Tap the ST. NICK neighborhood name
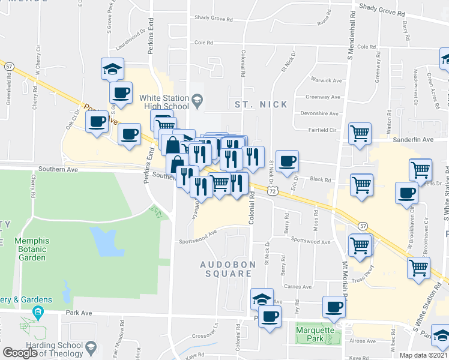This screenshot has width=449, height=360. (261, 104)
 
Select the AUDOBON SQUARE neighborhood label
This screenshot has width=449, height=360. (225, 268)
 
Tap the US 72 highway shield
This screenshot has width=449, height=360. (273, 190)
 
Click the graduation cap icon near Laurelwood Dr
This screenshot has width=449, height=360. (112, 68)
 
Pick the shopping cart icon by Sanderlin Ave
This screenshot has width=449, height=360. (360, 133)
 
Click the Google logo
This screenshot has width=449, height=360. (20, 353)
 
